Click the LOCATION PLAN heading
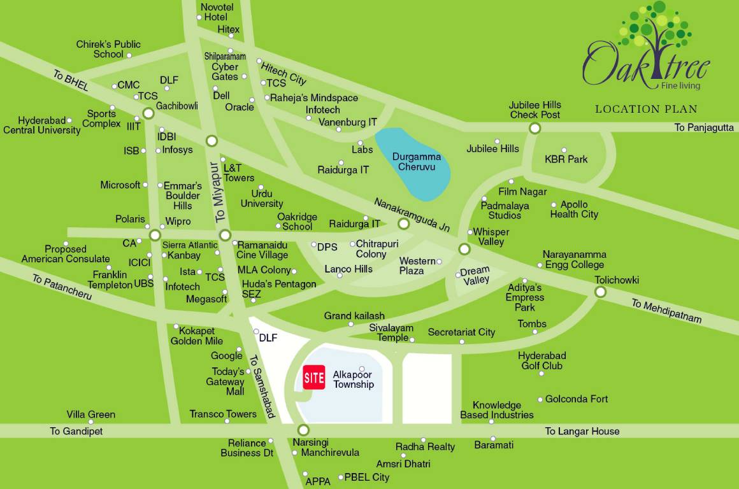[646, 109]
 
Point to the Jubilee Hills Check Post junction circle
[535, 128]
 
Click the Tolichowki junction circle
[600, 292]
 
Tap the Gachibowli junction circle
[148, 114]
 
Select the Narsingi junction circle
[303, 430]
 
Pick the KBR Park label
[566, 159]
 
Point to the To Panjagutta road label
[704, 128]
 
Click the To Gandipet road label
[76, 431]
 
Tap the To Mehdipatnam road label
[666, 311]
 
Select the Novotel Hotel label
[217, 12]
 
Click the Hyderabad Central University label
[42, 125]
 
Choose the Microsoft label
[120, 185]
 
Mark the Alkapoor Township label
[354, 379]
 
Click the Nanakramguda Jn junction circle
[403, 224]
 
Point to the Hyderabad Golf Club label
[542, 360]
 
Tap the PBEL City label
[366, 477]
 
